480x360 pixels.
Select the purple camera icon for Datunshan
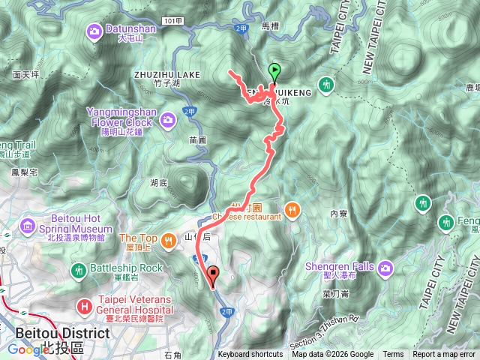95,31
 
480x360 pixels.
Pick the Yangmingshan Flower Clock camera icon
169,118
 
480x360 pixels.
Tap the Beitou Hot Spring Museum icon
28,225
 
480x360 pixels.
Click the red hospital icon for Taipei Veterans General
82,307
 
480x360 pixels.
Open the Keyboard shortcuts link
250,355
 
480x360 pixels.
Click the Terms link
393,355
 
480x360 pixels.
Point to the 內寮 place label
338,214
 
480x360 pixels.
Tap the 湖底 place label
158,182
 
